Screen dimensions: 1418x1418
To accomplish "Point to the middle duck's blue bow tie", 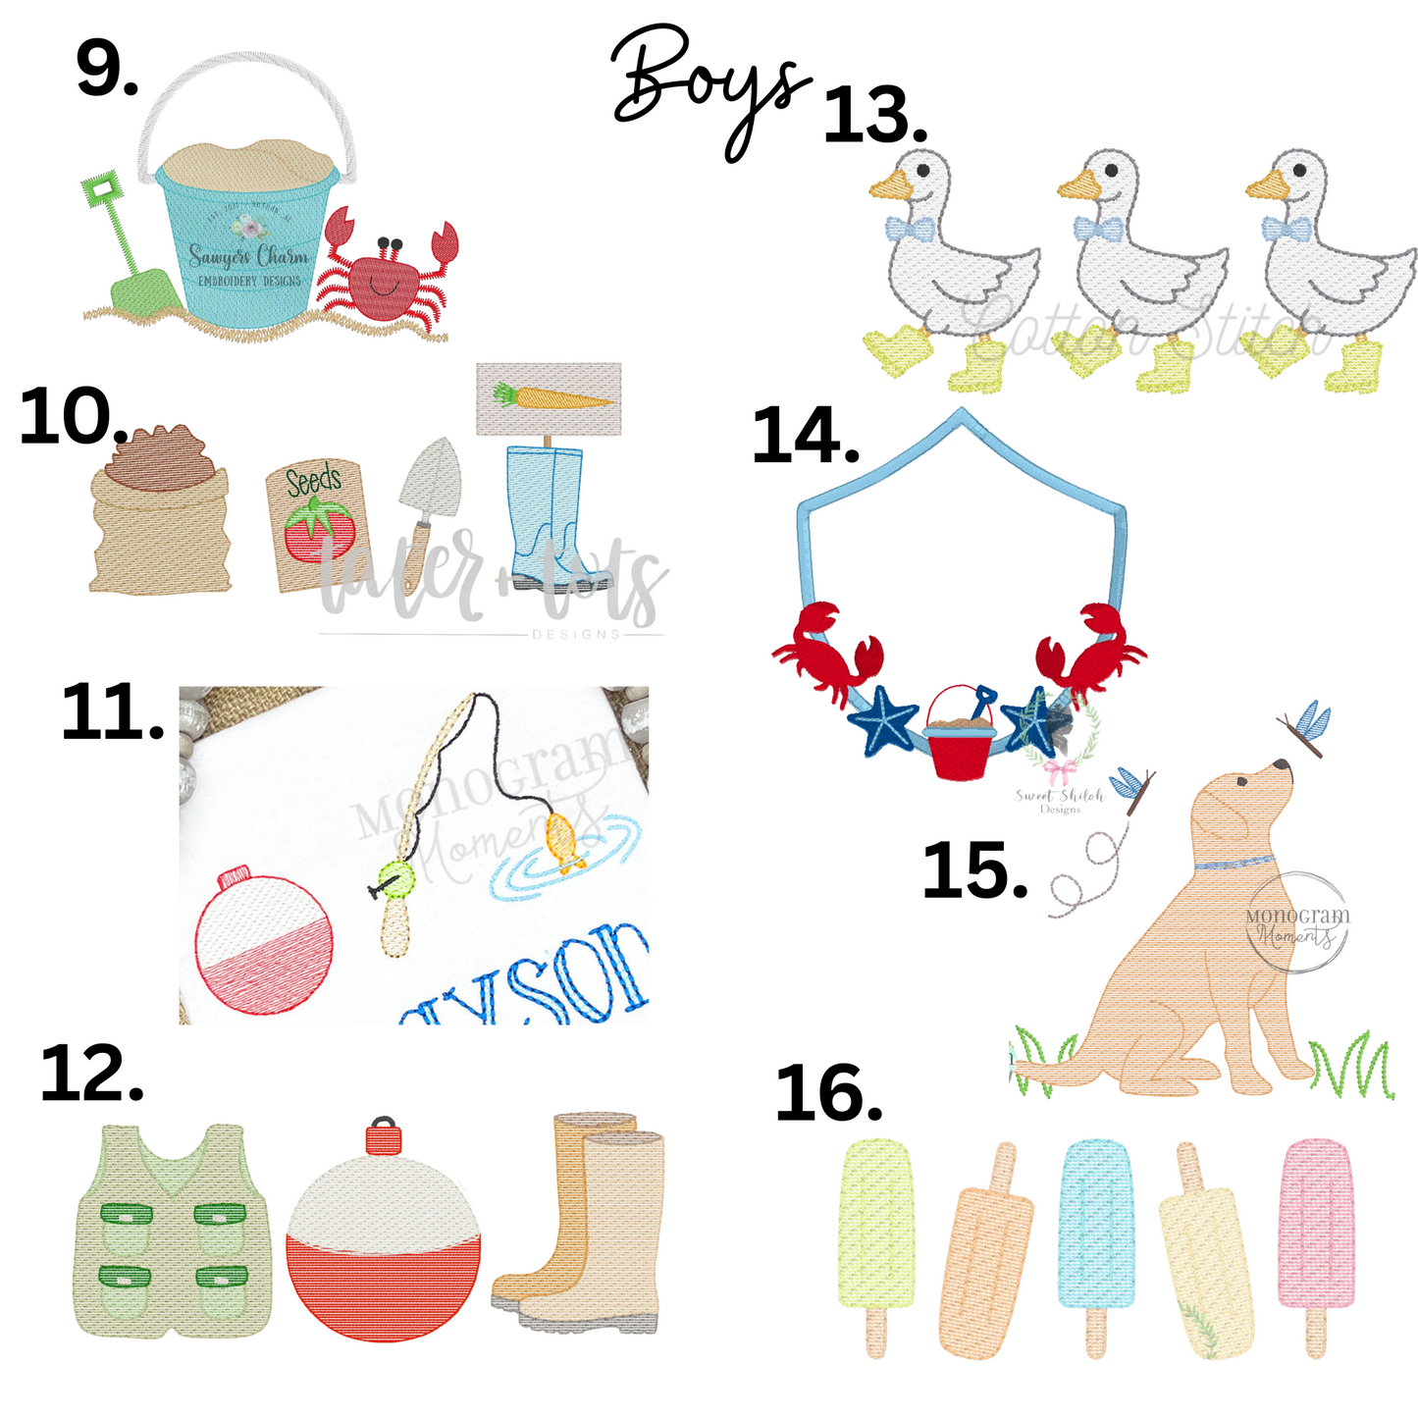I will (x=1096, y=230).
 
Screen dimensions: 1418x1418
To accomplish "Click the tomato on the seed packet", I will (x=312, y=530).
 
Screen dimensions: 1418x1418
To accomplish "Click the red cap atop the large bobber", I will (x=384, y=1138).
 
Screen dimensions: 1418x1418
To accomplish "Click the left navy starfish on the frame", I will (x=884, y=722).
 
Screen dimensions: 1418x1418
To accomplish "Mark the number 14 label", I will (x=805, y=437).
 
